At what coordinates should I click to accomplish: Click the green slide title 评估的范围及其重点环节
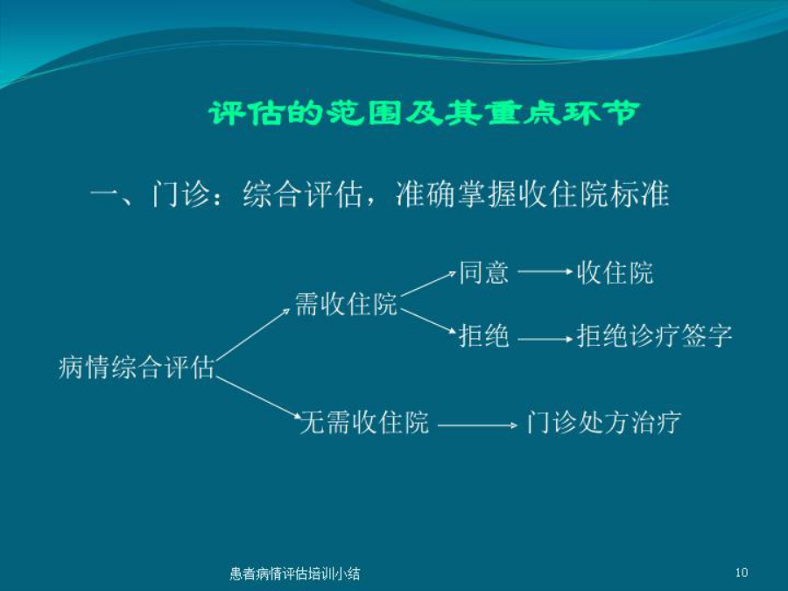[425, 113]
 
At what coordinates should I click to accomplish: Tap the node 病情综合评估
[137, 367]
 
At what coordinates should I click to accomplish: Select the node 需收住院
[346, 304]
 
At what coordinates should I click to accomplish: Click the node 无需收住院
[365, 422]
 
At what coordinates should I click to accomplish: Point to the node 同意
[484, 272]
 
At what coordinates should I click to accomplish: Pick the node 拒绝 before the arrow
[484, 335]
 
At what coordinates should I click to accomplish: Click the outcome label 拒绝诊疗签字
[654, 335]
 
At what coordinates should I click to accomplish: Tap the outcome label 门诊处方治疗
[604, 422]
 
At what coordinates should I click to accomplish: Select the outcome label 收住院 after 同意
[616, 272]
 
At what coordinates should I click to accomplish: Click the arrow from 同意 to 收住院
[545, 272]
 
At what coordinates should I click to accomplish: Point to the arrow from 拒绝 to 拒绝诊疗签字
[545, 339]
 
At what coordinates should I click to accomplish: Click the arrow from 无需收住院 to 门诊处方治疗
[477, 426]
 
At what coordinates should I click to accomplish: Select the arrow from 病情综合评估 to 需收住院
[253, 334]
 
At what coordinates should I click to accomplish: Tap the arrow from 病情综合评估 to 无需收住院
[258, 397]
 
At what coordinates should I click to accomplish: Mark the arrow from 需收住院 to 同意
[429, 284]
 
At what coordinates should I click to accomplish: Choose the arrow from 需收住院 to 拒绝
[429, 320]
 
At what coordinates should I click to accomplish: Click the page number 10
[742, 573]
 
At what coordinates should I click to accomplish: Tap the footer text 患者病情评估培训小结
[294, 573]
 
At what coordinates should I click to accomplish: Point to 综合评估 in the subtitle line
[303, 194]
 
